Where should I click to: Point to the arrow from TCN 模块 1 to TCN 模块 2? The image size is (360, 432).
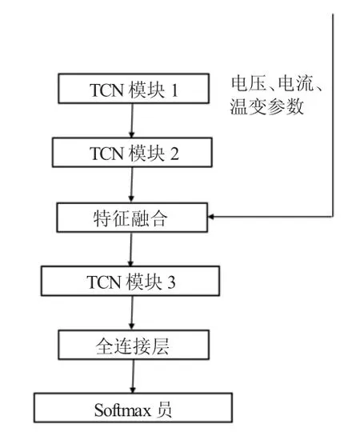click(x=132, y=121)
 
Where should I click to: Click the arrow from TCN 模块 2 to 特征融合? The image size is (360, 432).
click(x=132, y=185)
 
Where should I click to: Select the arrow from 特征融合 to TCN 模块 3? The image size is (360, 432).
click(x=131, y=249)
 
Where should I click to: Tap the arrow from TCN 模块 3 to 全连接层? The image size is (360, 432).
click(x=132, y=313)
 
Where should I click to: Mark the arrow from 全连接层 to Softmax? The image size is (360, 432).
click(x=133, y=376)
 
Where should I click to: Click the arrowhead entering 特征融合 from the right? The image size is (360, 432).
click(x=211, y=217)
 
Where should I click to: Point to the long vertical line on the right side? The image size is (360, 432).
click(x=333, y=115)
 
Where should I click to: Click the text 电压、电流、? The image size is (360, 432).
click(x=277, y=83)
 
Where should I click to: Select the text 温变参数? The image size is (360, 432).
click(x=267, y=106)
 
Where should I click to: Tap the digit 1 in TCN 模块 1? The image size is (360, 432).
click(x=174, y=90)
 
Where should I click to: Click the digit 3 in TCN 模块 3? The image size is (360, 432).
click(x=171, y=282)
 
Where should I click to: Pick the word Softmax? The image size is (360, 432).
click(x=122, y=410)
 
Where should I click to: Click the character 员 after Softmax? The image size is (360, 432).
click(x=165, y=410)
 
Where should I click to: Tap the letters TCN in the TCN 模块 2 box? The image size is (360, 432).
click(x=106, y=154)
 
